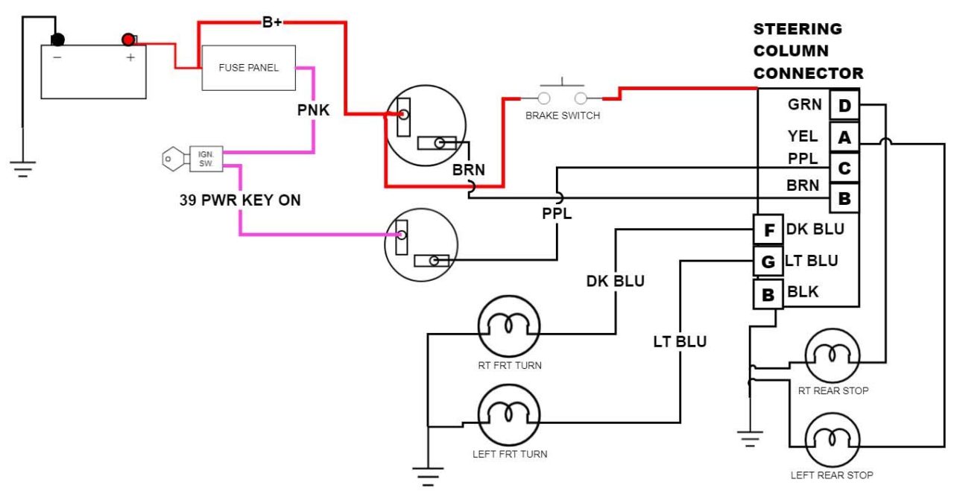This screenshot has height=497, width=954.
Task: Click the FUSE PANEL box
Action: point(249,68)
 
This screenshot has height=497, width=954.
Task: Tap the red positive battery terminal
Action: point(129,39)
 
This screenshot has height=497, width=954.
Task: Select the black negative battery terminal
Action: point(57,39)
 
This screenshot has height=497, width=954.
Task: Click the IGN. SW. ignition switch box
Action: point(206,158)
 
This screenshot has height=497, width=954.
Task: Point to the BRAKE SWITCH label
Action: point(563,115)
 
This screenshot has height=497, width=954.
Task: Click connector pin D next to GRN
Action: point(844,106)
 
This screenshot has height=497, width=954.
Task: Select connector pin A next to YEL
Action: point(844,137)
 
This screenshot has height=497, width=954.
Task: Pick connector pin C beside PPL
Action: point(844,168)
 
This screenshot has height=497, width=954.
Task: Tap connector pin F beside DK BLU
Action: point(768,229)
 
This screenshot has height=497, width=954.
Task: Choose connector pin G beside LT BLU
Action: point(768,262)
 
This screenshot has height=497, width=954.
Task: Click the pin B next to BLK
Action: point(768,294)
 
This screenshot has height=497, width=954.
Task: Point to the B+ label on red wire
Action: point(272,22)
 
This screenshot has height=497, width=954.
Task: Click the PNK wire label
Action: point(313,110)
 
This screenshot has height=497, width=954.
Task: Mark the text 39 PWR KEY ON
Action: point(240,200)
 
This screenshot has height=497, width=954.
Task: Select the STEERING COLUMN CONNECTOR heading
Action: point(808,51)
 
